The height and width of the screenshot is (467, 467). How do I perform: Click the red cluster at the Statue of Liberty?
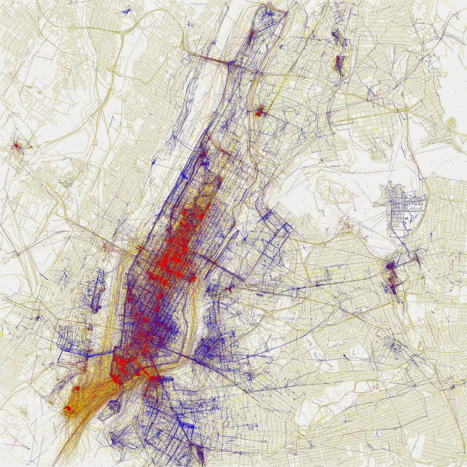pyautogui.click(x=68, y=409)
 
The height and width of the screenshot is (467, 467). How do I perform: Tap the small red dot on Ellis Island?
pyautogui.click(x=77, y=388)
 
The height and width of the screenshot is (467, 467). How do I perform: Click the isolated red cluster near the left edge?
pyautogui.click(x=17, y=146)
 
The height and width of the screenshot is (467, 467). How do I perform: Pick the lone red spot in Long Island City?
pyautogui.click(x=229, y=288)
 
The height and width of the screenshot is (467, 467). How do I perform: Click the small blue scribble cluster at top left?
pyautogui.click(x=125, y=9)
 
